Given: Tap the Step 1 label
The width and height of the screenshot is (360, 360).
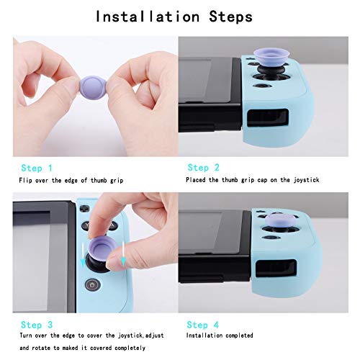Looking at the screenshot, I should click(x=37, y=167).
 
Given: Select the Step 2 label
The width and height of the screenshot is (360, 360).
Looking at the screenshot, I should click(x=203, y=167).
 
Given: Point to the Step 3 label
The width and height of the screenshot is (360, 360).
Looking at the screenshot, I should click(x=37, y=324).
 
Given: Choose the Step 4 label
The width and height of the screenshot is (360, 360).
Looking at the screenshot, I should click(x=203, y=324).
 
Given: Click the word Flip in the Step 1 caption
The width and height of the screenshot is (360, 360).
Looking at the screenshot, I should click(x=27, y=179).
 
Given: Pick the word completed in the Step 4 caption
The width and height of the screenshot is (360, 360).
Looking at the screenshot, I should click(x=240, y=336).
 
